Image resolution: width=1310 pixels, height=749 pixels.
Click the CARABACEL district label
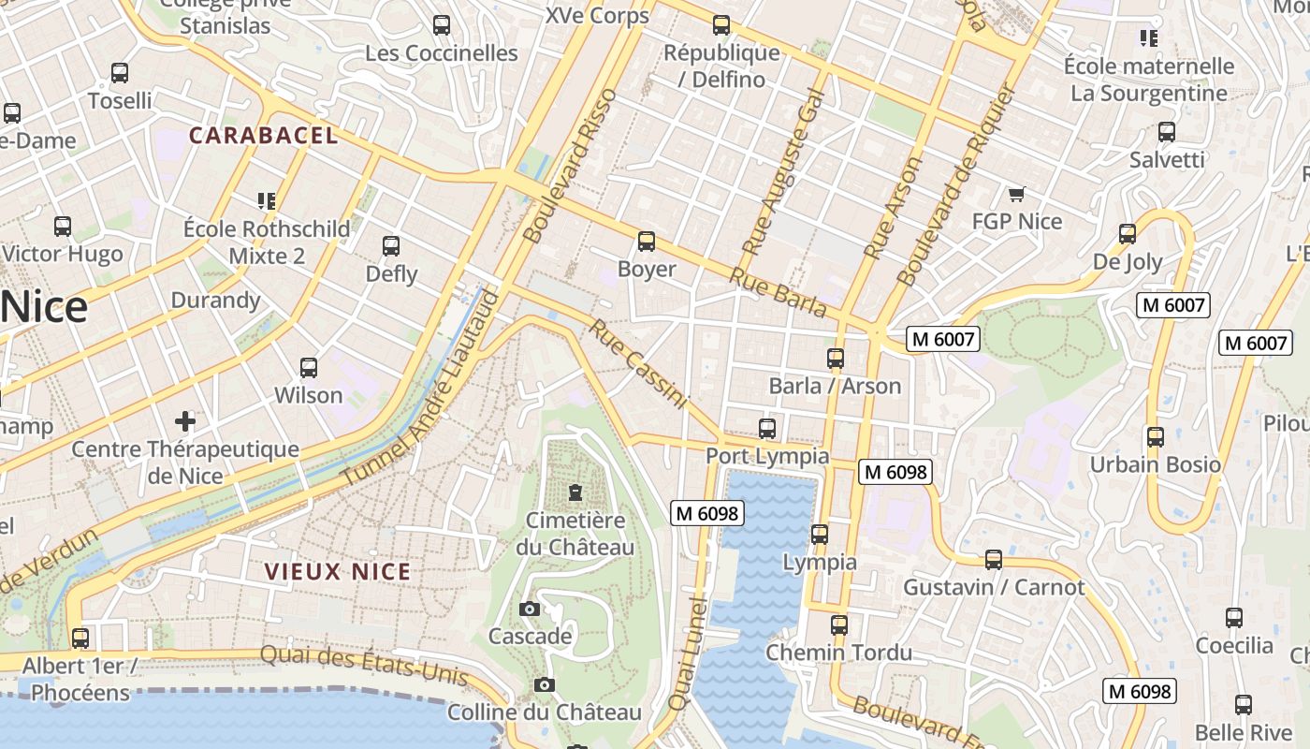pos(263,136)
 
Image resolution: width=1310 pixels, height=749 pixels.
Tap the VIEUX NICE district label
pos(337,572)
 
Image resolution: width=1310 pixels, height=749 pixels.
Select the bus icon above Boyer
pos(646,242)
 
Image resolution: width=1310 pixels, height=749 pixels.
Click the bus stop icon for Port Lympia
pos(767,429)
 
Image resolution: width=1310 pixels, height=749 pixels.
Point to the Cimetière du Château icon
pos(575,492)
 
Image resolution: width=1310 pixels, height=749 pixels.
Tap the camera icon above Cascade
pos(529,609)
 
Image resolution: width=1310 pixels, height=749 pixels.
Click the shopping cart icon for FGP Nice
pos(1017,194)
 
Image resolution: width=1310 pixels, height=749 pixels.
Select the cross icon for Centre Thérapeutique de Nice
pos(185,421)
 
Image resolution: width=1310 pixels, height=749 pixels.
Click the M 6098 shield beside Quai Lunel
pos(708,513)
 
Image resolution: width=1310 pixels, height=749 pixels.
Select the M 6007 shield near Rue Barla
pos(943,339)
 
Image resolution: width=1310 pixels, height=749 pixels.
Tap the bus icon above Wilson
pos(309,368)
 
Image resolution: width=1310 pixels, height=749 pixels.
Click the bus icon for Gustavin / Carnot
pos(993,560)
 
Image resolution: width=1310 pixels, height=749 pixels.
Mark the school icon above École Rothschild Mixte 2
pos(267,200)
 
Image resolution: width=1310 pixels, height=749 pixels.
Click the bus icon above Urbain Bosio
pos(1155,437)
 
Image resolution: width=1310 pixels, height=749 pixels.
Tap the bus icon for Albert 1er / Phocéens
pos(80,639)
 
